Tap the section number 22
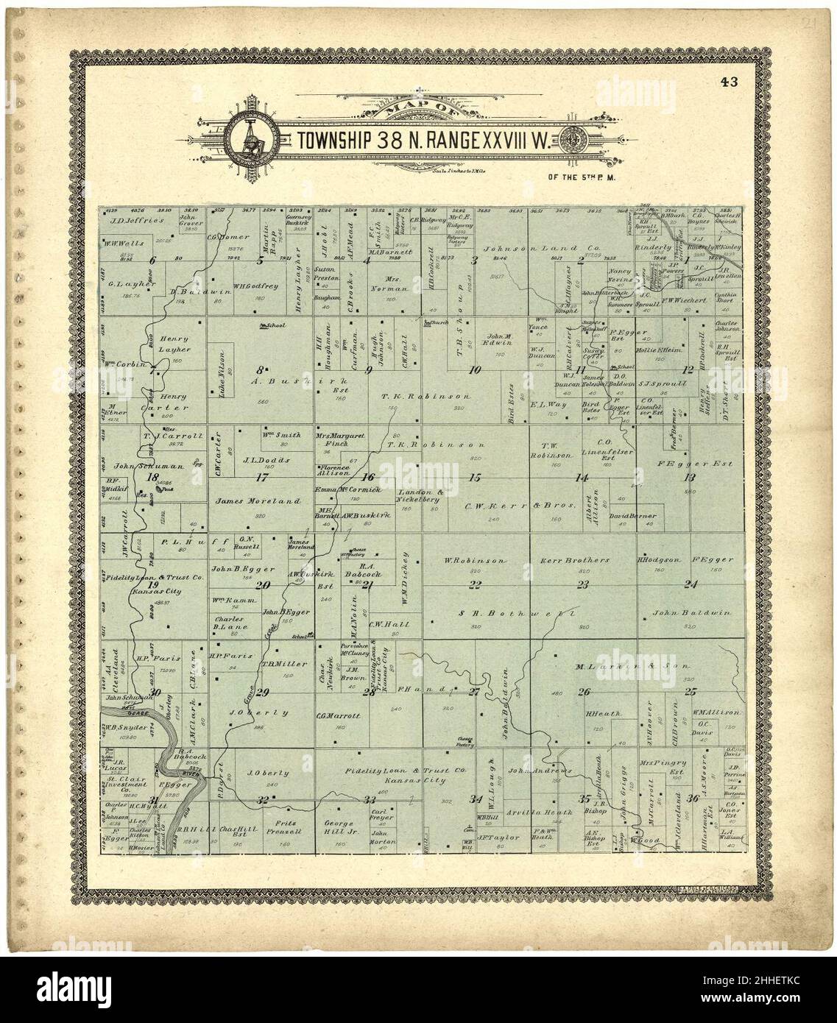click(476, 585)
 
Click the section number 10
click(476, 370)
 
